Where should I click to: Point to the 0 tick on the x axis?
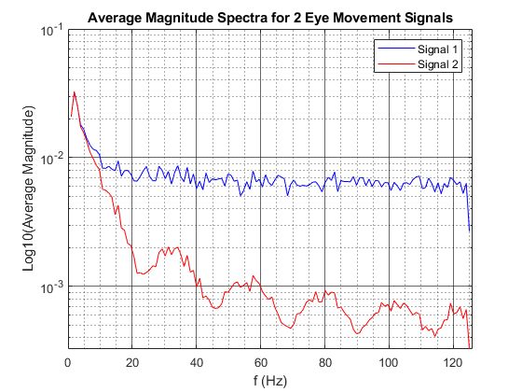(68, 362)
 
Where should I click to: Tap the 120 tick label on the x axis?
(453, 362)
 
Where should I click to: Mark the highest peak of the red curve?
(74, 91)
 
